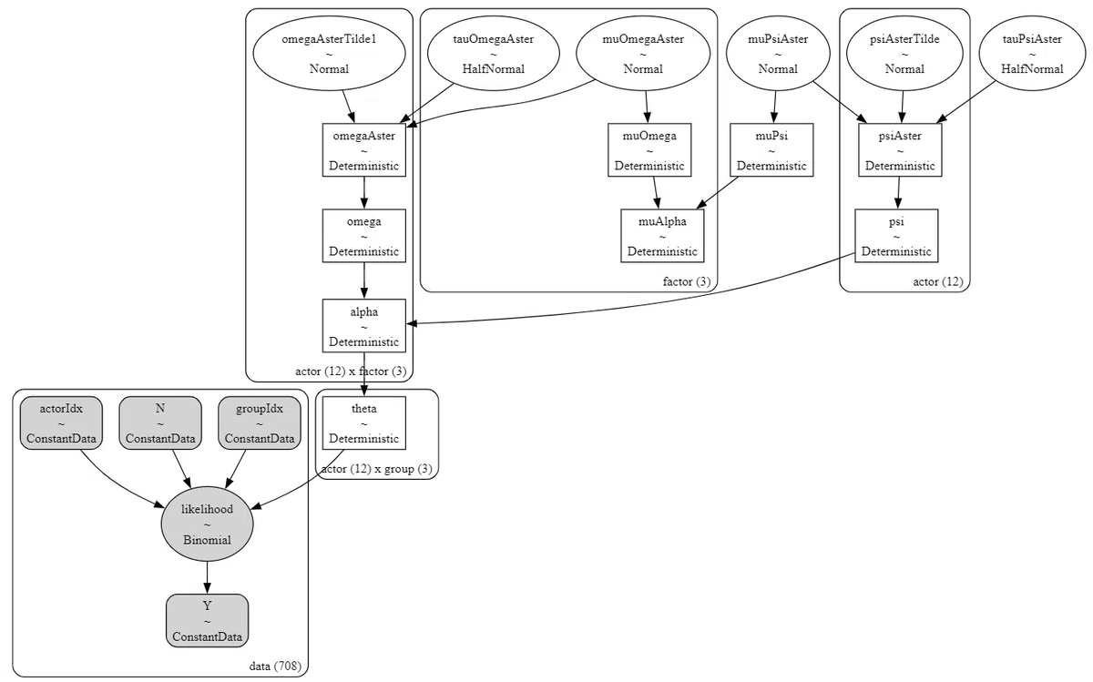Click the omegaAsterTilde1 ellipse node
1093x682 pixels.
pos(330,53)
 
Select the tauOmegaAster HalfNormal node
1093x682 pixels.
pos(494,53)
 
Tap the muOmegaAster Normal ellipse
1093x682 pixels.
pos(643,53)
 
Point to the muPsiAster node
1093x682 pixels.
pos(778,53)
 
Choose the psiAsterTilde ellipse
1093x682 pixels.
pos(904,53)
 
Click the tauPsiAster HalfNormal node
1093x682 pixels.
pos(1032,53)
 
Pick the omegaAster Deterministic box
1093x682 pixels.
pos(364,149)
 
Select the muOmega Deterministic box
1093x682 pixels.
pos(649,149)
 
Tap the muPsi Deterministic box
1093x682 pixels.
pos(771,149)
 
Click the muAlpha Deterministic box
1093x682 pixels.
pos(662,236)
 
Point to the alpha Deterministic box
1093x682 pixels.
pos(364,326)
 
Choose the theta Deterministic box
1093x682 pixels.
pos(364,423)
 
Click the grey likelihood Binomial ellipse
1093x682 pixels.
pos(208,524)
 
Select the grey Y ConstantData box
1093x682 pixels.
pos(208,620)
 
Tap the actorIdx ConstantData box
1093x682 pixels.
pos(61,423)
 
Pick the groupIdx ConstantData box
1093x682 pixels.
pos(259,423)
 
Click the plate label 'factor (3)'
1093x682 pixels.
pos(687,281)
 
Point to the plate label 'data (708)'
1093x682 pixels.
pos(275,666)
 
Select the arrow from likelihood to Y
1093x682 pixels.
pos(208,577)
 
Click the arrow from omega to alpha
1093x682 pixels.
pos(364,280)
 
